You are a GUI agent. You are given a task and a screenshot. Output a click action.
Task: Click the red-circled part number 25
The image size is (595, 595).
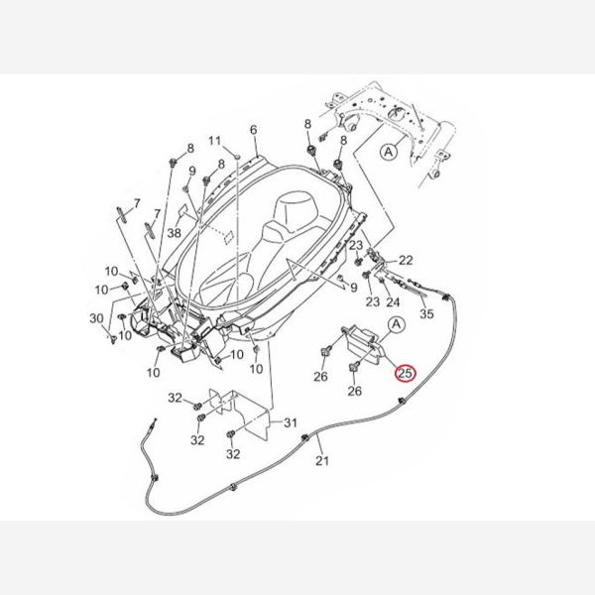406,374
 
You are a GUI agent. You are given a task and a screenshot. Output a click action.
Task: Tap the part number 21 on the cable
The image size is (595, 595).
322,460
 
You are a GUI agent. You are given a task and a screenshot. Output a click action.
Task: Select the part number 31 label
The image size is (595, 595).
291,422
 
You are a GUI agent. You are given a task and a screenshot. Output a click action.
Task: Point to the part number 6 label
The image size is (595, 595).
254,130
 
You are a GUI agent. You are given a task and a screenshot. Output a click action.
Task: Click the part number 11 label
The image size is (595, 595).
214,141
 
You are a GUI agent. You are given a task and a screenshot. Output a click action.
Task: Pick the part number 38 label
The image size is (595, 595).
175,233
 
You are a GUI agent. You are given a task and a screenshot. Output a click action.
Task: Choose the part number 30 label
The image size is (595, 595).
96,318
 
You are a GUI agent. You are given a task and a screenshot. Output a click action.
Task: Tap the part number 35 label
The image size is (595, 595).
426,313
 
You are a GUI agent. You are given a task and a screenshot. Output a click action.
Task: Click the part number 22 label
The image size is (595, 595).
406,260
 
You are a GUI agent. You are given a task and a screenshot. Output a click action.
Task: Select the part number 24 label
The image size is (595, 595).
393,302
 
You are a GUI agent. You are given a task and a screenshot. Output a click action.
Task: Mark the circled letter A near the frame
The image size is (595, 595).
389,152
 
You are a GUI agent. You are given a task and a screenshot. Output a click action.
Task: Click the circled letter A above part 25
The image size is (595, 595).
396,325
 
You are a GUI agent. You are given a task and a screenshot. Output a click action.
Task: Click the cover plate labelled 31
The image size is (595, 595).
251,416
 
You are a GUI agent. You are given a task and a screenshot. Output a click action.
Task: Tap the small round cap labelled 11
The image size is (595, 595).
237,156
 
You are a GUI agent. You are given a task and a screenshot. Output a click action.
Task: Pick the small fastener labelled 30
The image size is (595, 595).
113,338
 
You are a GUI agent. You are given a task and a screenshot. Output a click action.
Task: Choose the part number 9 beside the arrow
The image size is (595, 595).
353,288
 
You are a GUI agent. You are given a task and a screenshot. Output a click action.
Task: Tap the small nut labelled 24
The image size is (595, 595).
382,281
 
